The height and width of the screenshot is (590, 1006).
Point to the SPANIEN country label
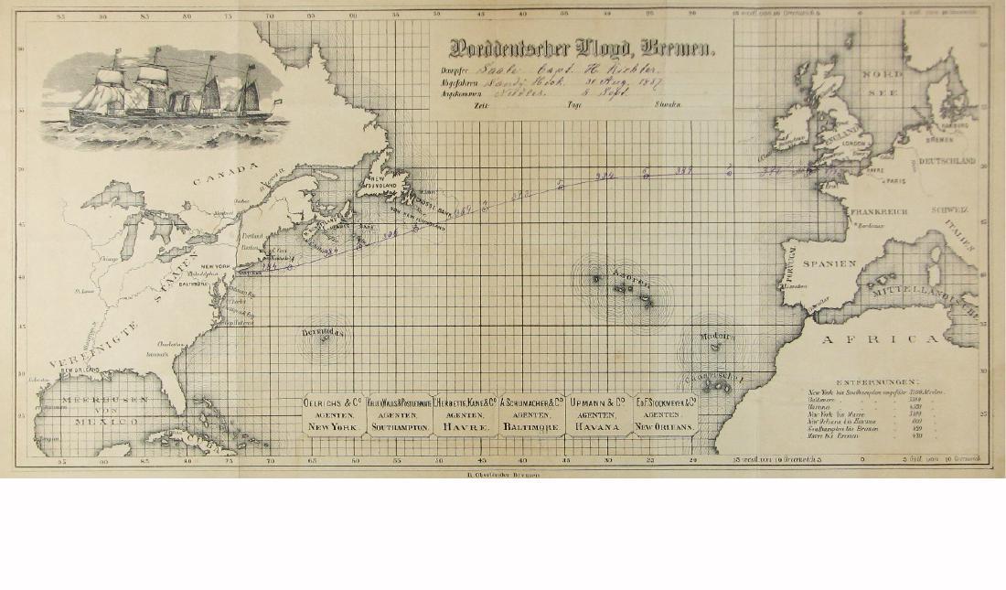[830, 263]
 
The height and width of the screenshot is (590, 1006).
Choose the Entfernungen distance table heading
[878, 381]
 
